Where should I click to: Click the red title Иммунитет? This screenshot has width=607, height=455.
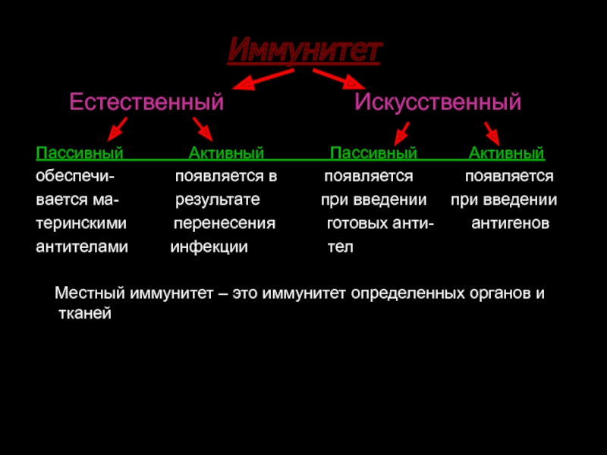(305, 50)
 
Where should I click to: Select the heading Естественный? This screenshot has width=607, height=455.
(146, 102)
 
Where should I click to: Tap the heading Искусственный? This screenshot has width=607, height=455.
(438, 102)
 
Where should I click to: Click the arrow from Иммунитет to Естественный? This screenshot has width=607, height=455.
(263, 80)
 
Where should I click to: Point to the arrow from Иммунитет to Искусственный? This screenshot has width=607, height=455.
(339, 80)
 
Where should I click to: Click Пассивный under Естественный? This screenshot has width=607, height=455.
(80, 153)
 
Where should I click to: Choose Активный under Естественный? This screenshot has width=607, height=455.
(226, 153)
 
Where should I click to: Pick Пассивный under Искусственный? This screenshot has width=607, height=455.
(373, 153)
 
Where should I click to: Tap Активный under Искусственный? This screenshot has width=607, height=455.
(507, 153)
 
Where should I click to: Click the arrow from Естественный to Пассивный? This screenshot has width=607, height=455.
(117, 129)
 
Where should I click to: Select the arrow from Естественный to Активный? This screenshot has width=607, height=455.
(203, 129)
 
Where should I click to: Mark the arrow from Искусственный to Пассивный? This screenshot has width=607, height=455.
(402, 134)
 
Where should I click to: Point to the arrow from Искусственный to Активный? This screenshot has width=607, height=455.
(492, 134)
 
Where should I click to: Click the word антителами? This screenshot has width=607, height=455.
(82, 247)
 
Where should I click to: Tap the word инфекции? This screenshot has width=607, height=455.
(209, 247)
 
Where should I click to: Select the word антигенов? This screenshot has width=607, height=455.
(510, 223)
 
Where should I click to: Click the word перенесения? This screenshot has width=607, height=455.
(225, 224)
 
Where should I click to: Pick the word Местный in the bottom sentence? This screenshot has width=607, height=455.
(90, 293)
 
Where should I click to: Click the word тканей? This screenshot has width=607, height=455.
(85, 313)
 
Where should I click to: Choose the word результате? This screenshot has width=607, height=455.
(218, 200)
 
